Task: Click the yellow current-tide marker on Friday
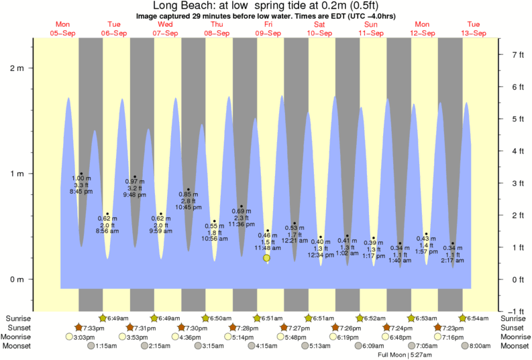click(x=266, y=257)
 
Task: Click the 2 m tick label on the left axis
click(x=16, y=68)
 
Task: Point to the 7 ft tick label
click(x=517, y=54)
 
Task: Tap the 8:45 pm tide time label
click(x=81, y=192)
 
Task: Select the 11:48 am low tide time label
click(x=267, y=248)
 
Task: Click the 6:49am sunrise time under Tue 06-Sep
click(x=119, y=318)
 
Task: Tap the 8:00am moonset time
click(x=479, y=346)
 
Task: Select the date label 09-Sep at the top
click(x=268, y=33)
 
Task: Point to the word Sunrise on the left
click(x=18, y=318)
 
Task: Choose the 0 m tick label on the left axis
click(x=16, y=280)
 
